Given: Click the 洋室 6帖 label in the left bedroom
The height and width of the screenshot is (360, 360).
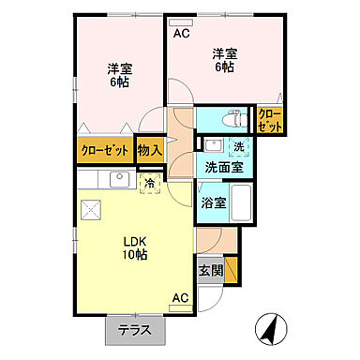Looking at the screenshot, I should pos(117,74).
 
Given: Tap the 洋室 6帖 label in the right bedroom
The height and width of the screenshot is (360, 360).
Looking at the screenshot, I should pos(222,61).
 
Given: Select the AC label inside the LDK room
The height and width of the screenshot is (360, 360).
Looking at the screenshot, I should pos(179,299).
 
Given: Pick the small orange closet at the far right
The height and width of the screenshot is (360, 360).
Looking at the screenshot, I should pos(269,120).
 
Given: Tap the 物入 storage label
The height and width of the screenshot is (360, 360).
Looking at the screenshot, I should pos(150,149).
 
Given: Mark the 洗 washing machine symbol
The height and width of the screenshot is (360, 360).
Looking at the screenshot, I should pos(239,146).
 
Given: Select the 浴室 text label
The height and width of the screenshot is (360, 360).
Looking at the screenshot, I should pos(210,202).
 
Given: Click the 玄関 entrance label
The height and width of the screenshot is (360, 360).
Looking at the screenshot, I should pos(210,271).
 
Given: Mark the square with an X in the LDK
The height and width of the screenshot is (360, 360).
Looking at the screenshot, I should pos(92,210).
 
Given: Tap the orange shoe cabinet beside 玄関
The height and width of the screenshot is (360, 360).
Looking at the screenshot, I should pos(232,269).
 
